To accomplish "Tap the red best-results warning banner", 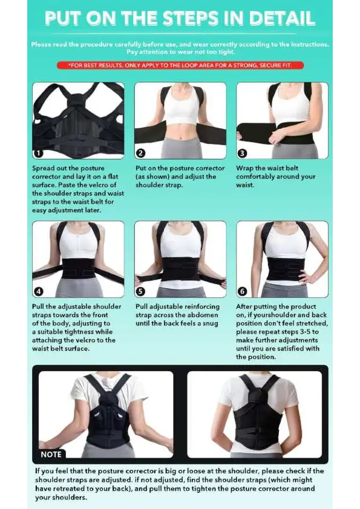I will point(180,65).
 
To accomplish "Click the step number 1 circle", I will point(38,153).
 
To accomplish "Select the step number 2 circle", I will point(140,153).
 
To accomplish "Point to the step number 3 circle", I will point(242,153).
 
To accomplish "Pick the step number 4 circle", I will point(38,291).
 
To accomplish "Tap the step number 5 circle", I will point(140,291).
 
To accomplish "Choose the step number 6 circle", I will point(242,291).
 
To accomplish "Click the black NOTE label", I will point(51,454).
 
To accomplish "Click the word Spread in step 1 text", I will point(44,168).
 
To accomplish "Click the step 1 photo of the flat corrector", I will point(78,120).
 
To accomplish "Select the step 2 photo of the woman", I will point(180,120).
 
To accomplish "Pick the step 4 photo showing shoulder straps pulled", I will point(78,259).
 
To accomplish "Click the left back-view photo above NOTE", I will point(106,414).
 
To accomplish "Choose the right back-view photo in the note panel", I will point(254,414).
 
